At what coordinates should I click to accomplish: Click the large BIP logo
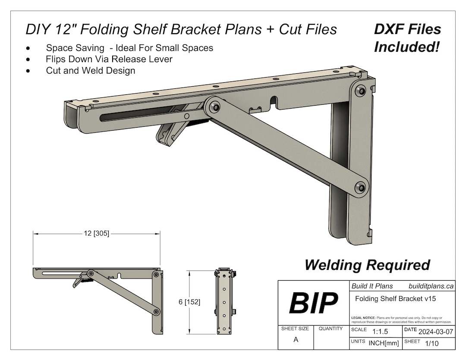[x=313, y=303]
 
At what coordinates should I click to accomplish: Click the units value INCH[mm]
[x=384, y=343]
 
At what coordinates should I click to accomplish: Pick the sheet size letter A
[x=296, y=340]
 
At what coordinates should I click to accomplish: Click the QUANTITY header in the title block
[x=331, y=329]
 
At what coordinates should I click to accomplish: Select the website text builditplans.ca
[x=430, y=286]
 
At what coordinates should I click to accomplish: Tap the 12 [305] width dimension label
[x=96, y=234]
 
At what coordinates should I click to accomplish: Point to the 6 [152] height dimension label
[x=189, y=302]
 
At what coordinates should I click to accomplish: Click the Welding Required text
[x=367, y=265]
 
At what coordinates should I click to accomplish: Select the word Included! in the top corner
[x=406, y=47]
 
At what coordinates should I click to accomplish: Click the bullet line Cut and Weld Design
[x=91, y=71]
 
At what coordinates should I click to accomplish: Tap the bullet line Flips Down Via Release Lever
[x=109, y=59]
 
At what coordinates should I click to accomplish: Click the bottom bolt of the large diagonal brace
[x=360, y=187]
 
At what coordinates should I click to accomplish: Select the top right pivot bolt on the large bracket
[x=360, y=91]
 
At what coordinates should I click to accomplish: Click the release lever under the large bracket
[x=170, y=133]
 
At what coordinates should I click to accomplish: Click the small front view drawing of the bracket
[x=224, y=302]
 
